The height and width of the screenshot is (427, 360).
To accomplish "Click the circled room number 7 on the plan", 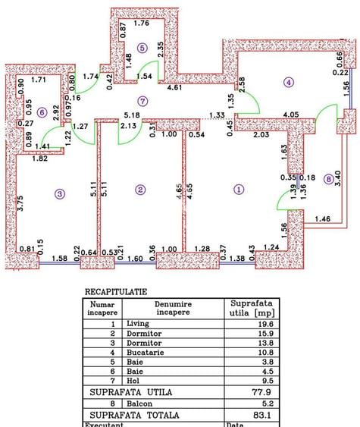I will [142, 100].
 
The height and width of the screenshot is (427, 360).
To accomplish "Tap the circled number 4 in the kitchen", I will [288, 82].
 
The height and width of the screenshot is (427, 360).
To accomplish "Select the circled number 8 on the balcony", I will [327, 180].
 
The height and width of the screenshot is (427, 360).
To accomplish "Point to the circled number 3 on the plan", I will [60, 194].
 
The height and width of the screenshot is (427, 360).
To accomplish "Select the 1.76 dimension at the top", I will [142, 23].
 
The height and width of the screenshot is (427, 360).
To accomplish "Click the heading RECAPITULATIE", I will [116, 290].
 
